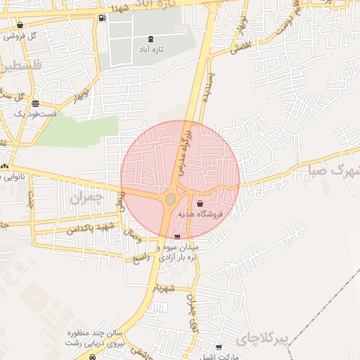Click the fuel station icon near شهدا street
[103, 18]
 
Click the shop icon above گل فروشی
[20, 25]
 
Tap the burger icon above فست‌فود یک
[35, 103]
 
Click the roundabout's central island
[171, 200]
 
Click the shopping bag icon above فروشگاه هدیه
[200, 203]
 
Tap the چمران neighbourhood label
[86, 198]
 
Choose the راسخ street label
[141, 256]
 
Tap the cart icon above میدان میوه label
[176, 237]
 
